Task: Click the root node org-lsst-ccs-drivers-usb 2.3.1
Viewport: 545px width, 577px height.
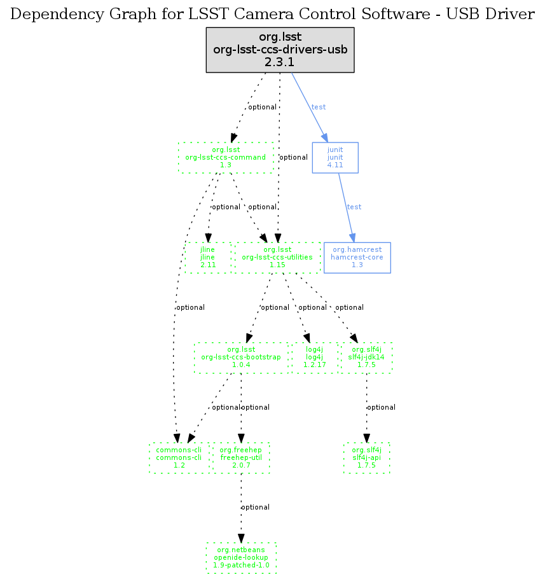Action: [280, 50]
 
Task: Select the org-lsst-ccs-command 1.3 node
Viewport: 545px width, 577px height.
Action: [226, 158]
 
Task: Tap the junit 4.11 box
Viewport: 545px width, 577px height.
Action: [335, 158]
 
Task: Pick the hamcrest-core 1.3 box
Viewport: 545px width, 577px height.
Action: [357, 258]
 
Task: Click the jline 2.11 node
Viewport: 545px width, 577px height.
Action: [208, 258]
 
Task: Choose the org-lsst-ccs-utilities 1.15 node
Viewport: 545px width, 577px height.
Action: [277, 258]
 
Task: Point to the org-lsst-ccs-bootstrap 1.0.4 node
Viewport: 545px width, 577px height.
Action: [241, 358]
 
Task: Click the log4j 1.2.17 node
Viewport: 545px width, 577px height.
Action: [315, 358]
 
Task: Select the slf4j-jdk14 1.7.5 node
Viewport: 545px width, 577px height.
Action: [367, 358]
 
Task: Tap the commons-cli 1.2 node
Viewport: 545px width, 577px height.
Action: [179, 457]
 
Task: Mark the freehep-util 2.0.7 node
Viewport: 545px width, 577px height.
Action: [241, 457]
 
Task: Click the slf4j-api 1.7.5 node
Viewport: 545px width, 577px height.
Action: [366, 457]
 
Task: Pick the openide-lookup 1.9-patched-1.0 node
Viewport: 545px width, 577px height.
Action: [242, 557]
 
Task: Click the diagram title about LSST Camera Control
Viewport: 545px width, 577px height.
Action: [273, 14]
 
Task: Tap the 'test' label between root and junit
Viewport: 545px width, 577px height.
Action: [319, 107]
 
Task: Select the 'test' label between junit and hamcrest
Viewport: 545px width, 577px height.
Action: [354, 207]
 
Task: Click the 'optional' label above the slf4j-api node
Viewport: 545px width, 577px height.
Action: [382, 407]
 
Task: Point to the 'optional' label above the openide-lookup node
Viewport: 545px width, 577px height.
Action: [256, 507]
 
